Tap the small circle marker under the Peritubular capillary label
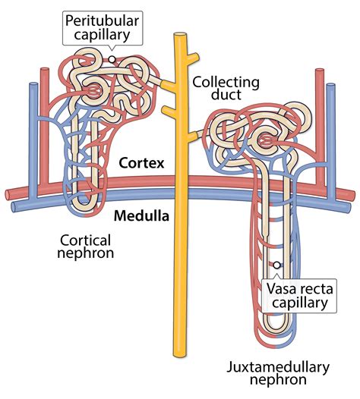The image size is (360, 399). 112,58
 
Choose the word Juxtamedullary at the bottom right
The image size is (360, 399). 277,368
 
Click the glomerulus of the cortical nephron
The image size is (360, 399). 92,90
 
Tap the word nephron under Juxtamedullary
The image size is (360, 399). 278,384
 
